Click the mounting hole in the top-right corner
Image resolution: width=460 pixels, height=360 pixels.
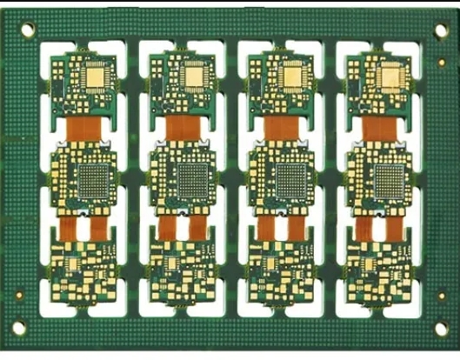pos(439,30)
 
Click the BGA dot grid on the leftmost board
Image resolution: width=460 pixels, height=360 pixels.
pos(90,181)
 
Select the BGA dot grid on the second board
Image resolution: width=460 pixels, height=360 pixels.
pos(189,181)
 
